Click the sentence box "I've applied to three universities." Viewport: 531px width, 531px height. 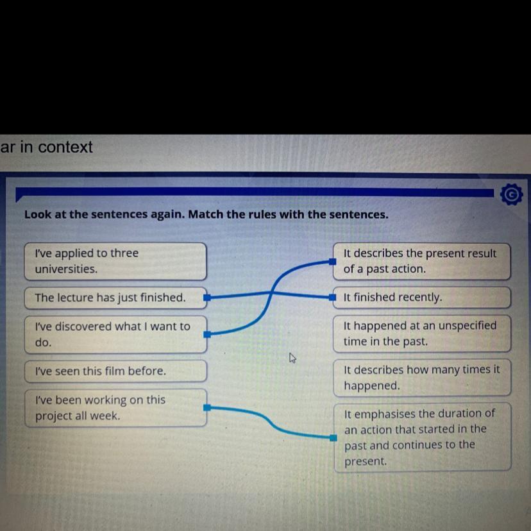point(115,261)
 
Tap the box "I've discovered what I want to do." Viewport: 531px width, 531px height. point(115,334)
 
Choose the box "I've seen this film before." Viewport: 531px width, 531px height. point(115,371)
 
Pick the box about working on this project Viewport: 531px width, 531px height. point(115,408)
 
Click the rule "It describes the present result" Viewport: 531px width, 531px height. point(422,261)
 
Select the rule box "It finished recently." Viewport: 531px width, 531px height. point(422,298)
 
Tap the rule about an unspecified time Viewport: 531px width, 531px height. point(422,333)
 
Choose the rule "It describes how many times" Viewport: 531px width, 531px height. point(422,378)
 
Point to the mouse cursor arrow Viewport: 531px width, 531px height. point(292,357)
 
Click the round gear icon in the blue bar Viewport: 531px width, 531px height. point(510,194)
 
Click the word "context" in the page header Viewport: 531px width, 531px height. point(67,147)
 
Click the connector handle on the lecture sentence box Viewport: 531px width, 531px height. point(207,298)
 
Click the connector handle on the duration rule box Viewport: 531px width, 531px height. point(333,438)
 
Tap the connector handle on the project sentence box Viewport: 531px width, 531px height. point(207,407)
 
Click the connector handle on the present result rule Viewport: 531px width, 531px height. point(333,262)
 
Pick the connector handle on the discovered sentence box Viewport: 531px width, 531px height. point(207,334)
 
